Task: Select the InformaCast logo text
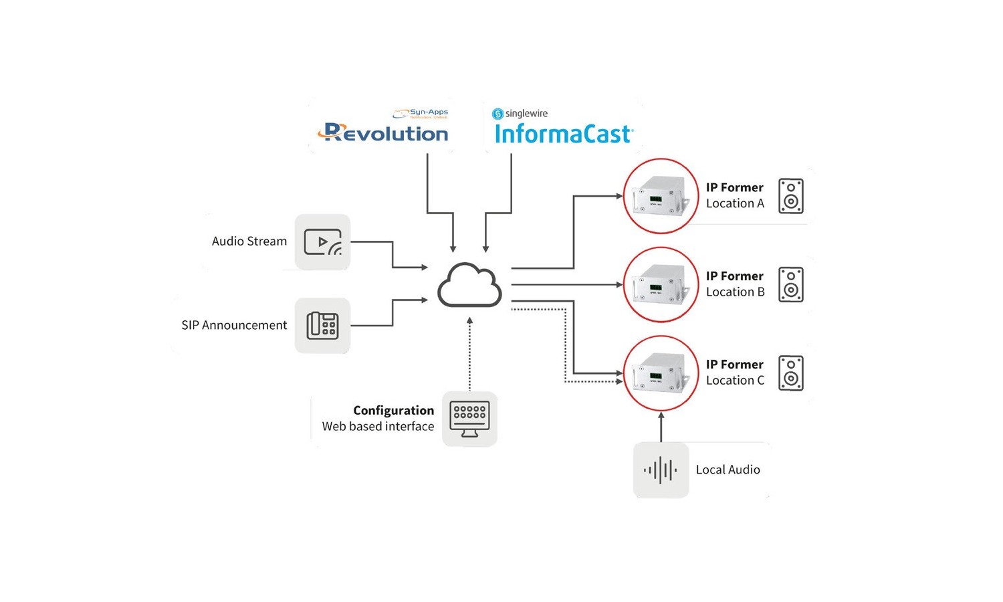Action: click(x=563, y=134)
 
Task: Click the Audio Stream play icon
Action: click(x=322, y=242)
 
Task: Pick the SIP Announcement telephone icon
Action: click(x=322, y=326)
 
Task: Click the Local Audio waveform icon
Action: click(x=661, y=470)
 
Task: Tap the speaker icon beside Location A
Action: click(x=791, y=196)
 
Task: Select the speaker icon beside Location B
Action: click(x=791, y=284)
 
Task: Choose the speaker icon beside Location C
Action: click(x=791, y=373)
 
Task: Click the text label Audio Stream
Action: click(x=249, y=241)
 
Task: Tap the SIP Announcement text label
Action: click(x=234, y=325)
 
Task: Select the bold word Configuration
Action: click(x=393, y=410)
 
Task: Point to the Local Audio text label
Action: click(x=728, y=470)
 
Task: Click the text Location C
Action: click(x=735, y=381)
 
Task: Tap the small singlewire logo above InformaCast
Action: click(x=520, y=114)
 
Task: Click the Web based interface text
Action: click(x=378, y=427)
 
